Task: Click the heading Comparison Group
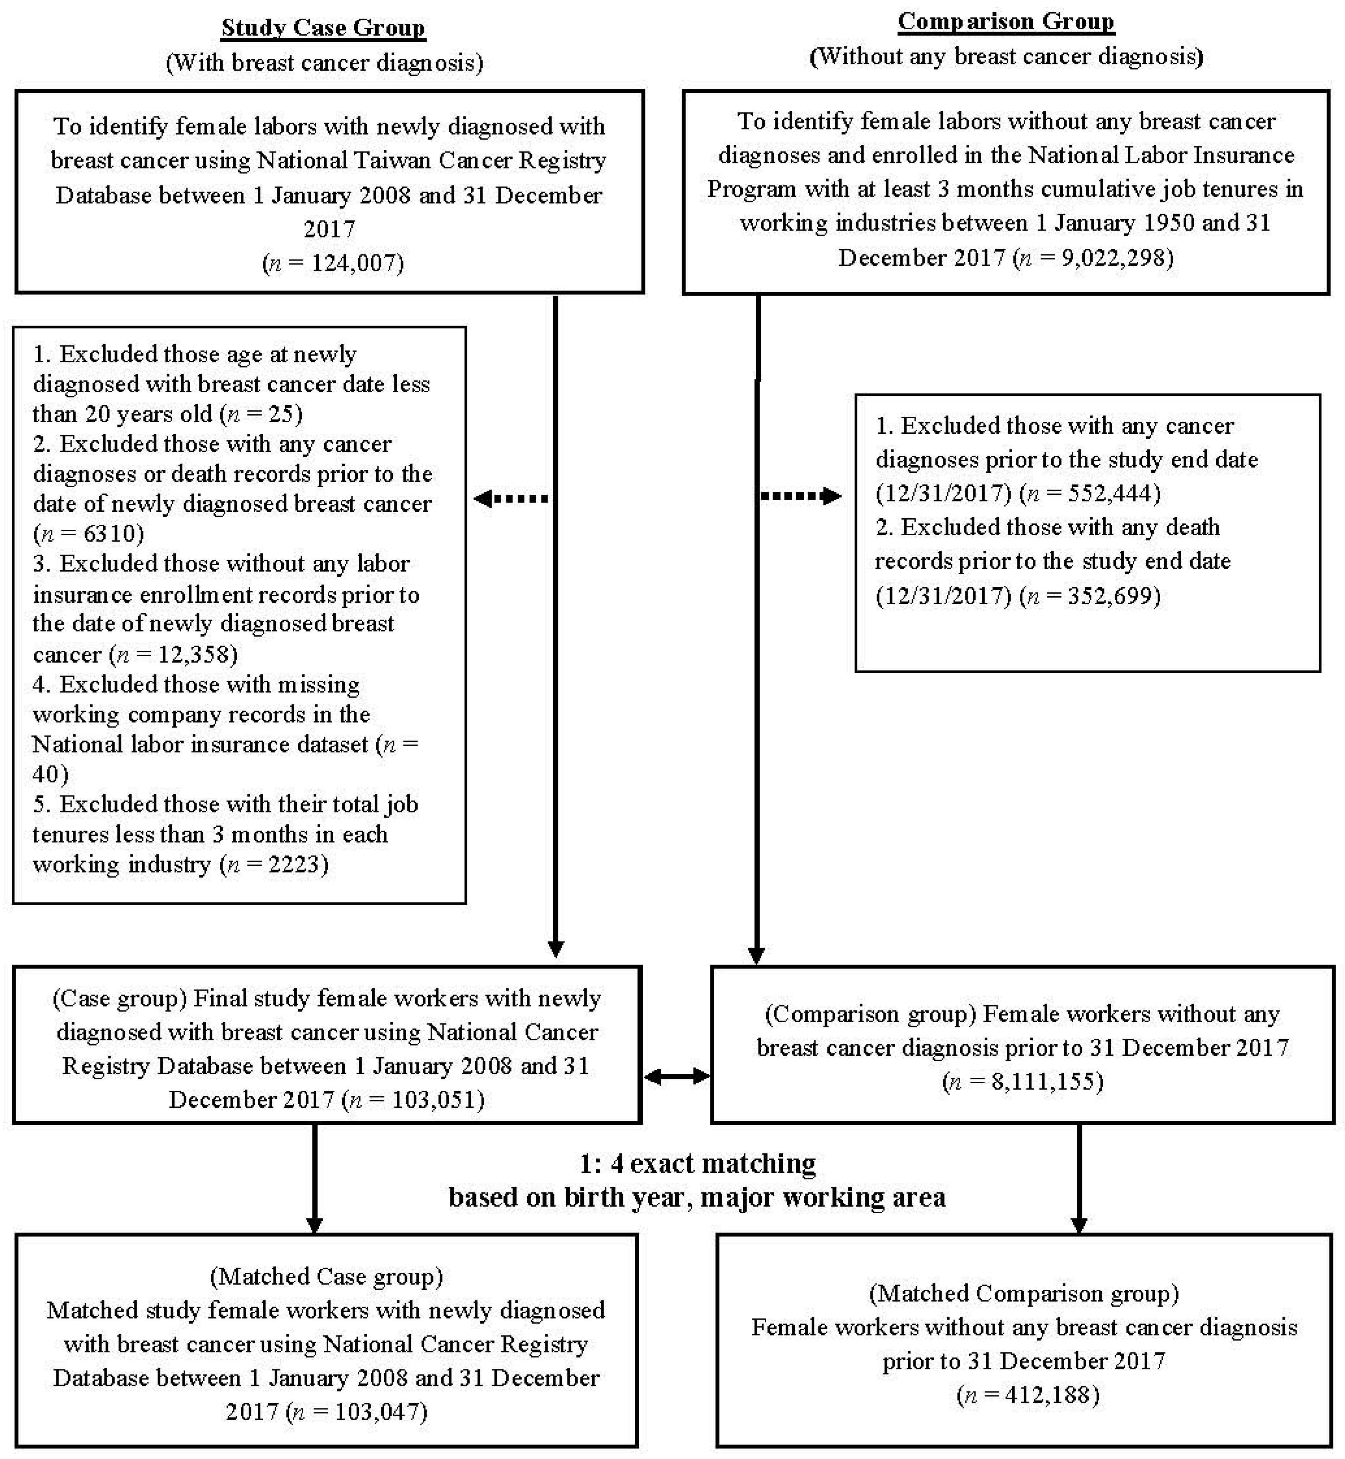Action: click(1006, 22)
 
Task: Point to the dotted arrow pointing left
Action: click(511, 498)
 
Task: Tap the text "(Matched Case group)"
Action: click(326, 1276)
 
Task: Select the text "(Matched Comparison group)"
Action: click(1024, 1293)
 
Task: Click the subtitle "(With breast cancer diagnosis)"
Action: click(325, 63)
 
